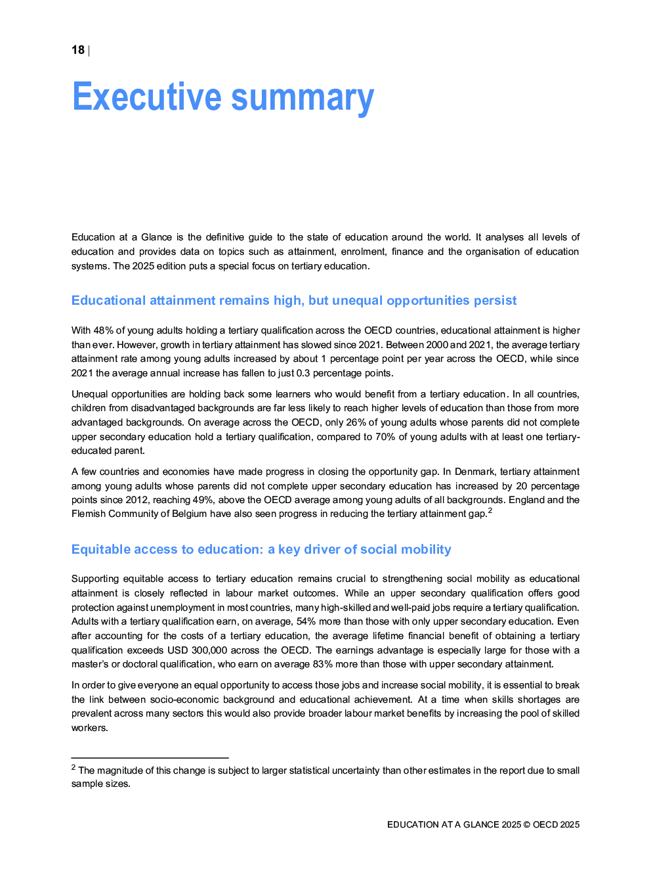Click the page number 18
78,50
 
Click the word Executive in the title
147,97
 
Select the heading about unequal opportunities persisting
294,300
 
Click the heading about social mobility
261,549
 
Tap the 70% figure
385,437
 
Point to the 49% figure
203,500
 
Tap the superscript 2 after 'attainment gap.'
490,510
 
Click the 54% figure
306,621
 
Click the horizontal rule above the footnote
150,758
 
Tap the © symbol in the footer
526,824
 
